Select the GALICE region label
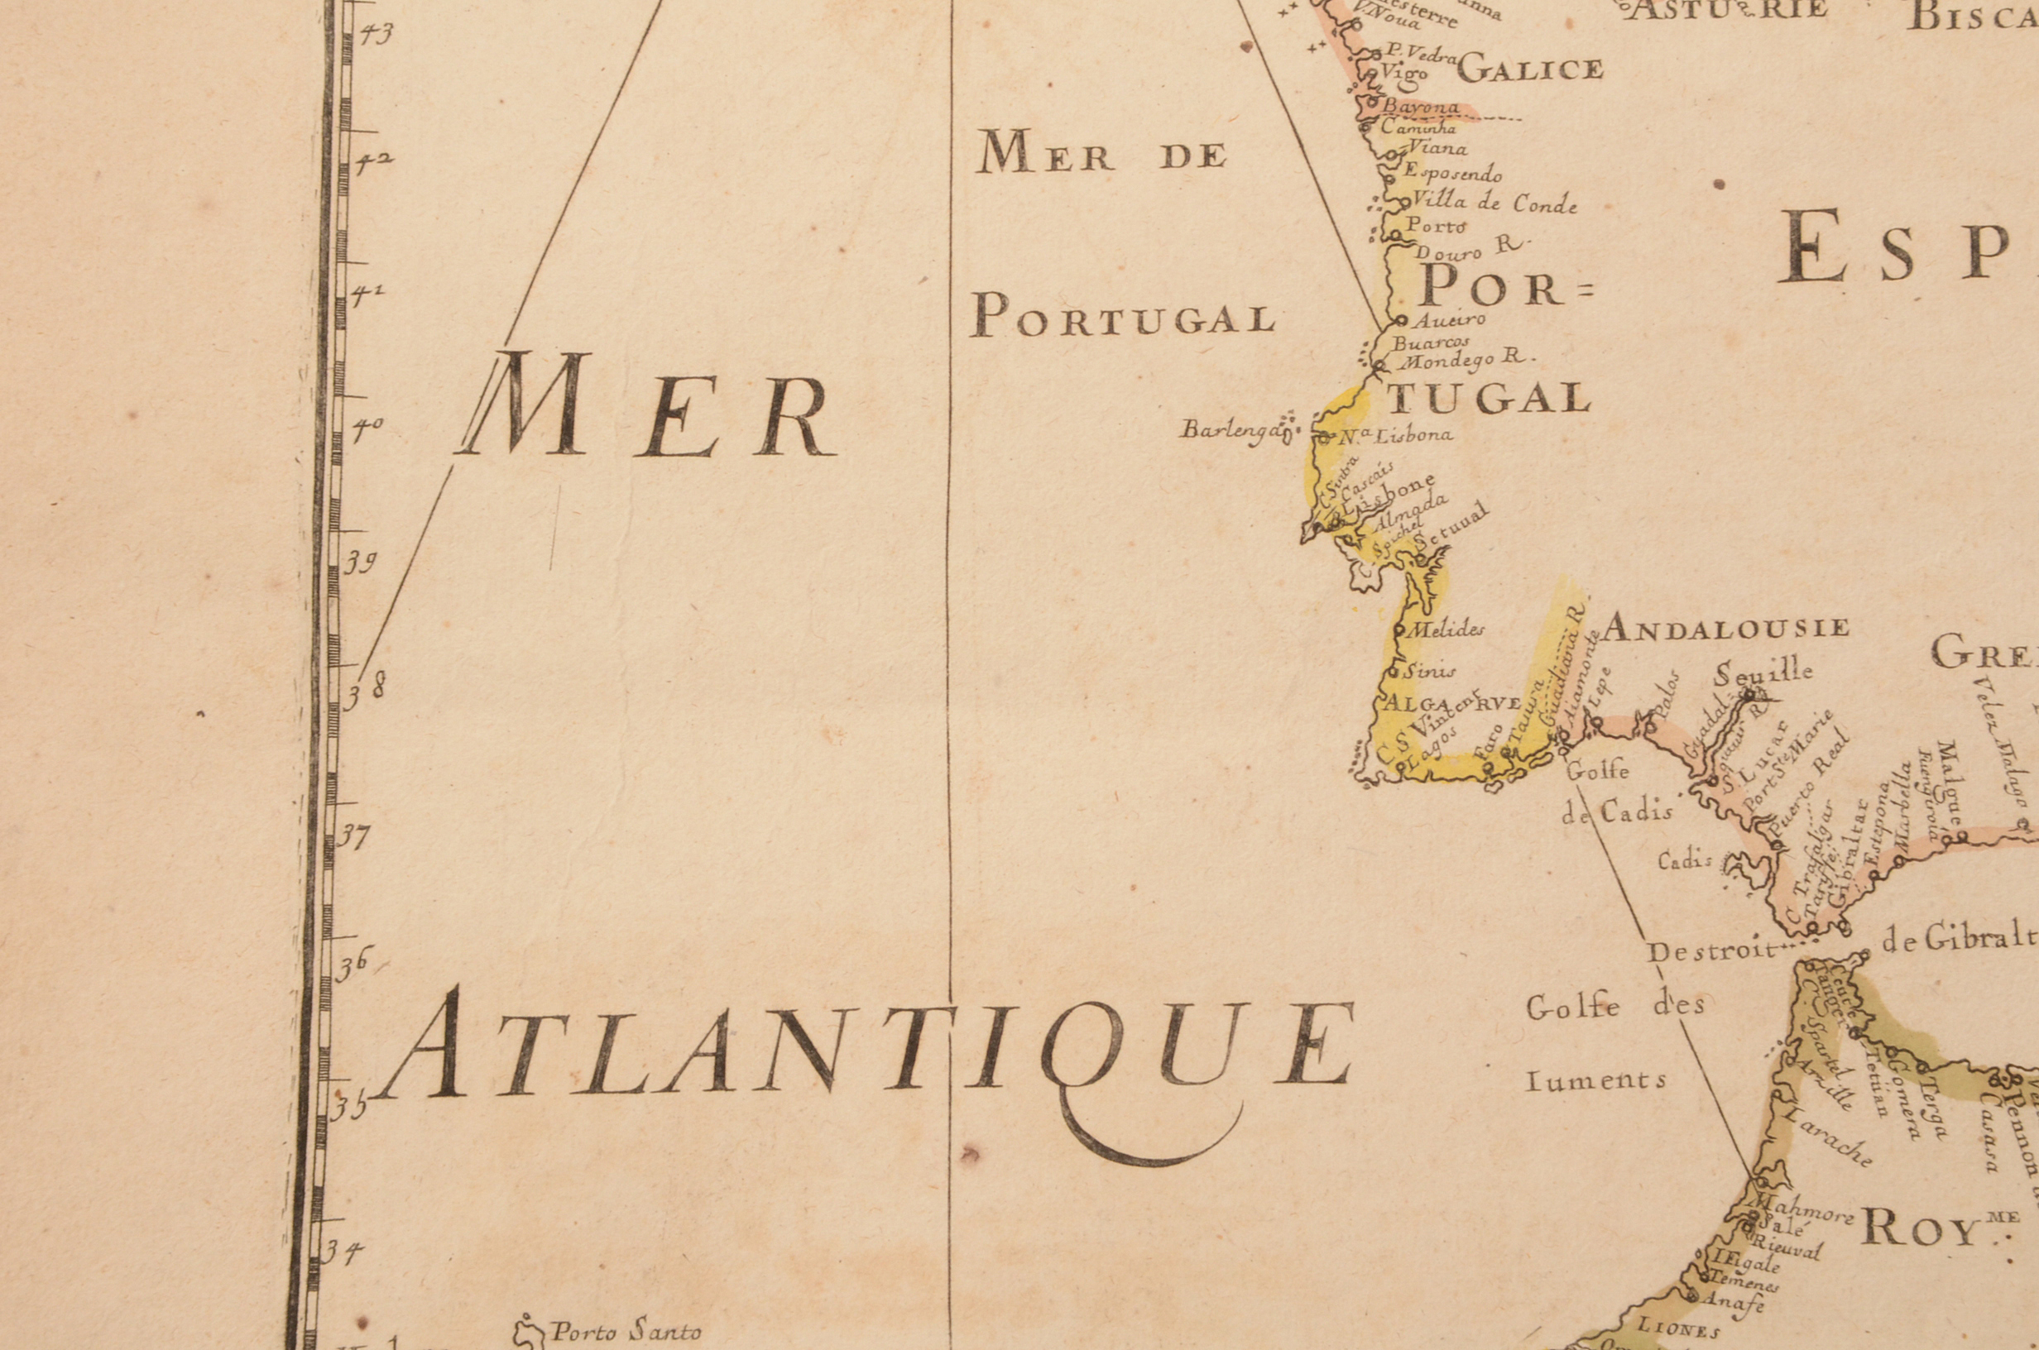pos(1530,69)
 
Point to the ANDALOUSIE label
pos(1725,628)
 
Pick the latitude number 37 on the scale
pos(353,836)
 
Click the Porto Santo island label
pos(626,1332)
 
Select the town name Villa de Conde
pos(1494,204)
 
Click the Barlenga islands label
pos(1227,428)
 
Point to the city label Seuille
pos(1763,673)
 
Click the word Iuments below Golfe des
pos(1595,1080)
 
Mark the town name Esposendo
pos(1452,172)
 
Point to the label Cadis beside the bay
pos(1684,860)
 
